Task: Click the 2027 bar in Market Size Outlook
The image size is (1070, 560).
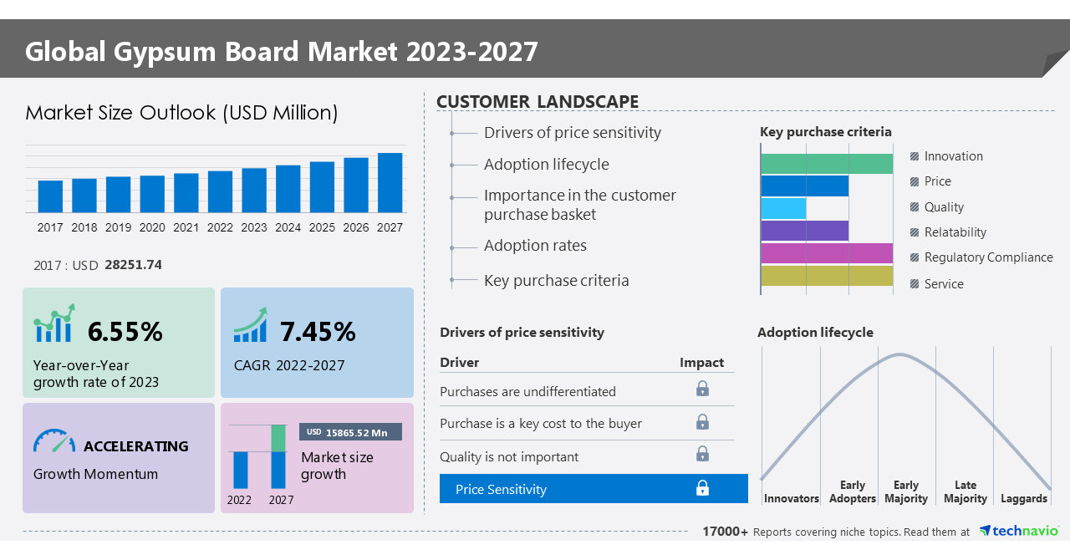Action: click(x=390, y=182)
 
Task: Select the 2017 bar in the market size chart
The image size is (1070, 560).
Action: click(x=50, y=196)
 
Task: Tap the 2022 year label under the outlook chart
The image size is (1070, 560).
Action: click(x=220, y=227)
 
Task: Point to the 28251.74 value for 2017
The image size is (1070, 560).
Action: click(x=133, y=265)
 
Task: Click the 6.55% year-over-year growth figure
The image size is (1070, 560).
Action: click(x=125, y=332)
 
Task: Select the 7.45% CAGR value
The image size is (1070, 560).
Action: click(x=318, y=332)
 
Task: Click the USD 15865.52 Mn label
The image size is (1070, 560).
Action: click(x=350, y=432)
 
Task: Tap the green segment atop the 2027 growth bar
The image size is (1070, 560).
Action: click(x=278, y=438)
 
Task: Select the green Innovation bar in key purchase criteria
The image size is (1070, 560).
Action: click(x=827, y=164)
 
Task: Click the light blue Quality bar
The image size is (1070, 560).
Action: click(x=783, y=208)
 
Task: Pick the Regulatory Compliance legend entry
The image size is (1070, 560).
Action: click(x=988, y=257)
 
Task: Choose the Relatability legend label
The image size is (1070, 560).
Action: click(x=955, y=232)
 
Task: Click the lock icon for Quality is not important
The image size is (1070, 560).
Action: click(x=702, y=454)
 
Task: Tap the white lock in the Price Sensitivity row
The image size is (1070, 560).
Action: click(x=702, y=488)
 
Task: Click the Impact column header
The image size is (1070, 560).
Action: click(x=701, y=362)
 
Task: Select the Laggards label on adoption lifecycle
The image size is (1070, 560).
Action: click(x=1023, y=498)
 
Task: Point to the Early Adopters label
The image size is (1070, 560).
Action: click(x=852, y=491)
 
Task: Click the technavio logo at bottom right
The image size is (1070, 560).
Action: click(x=1019, y=532)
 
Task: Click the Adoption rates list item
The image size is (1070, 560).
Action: click(x=535, y=246)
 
